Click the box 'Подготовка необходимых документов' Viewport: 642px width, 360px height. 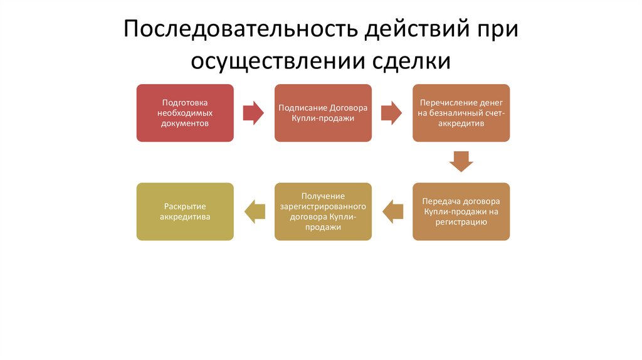(x=185, y=113)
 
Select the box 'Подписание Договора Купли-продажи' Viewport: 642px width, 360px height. (x=323, y=113)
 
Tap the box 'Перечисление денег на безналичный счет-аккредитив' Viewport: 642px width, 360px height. (x=461, y=113)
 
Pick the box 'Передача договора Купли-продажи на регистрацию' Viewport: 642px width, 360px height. (x=461, y=211)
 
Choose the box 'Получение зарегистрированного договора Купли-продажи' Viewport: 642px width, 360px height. (x=323, y=211)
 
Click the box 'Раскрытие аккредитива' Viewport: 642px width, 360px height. (x=185, y=211)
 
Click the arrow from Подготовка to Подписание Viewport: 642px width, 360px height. (x=253, y=113)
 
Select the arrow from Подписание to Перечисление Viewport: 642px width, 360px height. (x=391, y=113)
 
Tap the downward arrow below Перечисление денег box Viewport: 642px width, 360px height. (x=461, y=161)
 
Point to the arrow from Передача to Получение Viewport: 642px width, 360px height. (x=392, y=211)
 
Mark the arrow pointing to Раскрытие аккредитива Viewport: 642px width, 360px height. (x=255, y=211)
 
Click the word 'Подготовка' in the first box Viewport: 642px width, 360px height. (x=185, y=102)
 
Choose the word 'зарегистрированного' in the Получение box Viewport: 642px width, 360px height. (x=323, y=206)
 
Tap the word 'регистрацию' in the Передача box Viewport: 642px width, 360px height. (x=461, y=222)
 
